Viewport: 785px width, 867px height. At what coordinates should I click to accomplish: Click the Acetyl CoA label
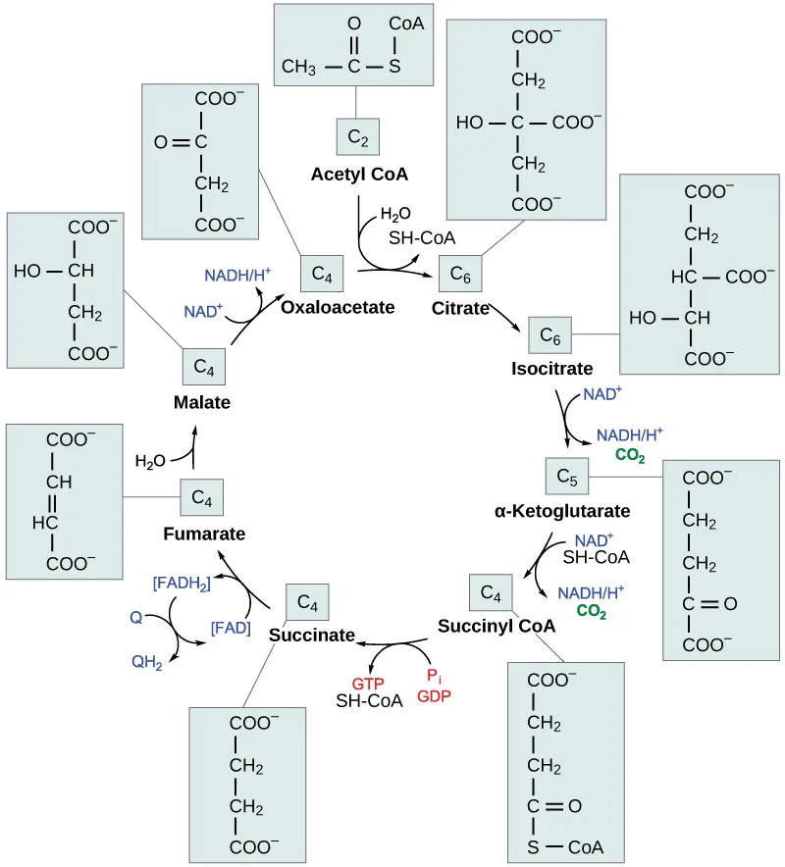click(x=359, y=175)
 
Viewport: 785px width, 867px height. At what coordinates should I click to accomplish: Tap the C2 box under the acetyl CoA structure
click(x=358, y=139)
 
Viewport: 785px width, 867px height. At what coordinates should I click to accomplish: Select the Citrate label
click(x=460, y=308)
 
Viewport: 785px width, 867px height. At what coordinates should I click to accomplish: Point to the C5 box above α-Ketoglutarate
click(x=566, y=476)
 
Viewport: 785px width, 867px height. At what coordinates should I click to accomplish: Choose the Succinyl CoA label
click(x=497, y=626)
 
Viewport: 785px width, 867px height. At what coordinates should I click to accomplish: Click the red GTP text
click(x=368, y=683)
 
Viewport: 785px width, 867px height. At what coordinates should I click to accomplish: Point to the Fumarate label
click(x=204, y=534)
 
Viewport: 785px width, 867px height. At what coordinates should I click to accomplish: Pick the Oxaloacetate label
click(x=338, y=307)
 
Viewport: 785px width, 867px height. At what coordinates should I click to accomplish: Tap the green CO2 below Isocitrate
click(x=629, y=455)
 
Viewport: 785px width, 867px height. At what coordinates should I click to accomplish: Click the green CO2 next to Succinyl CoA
click(x=591, y=610)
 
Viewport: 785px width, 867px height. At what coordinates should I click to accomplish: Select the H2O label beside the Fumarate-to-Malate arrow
click(x=150, y=460)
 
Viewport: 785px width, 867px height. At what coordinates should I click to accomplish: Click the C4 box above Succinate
click(x=307, y=601)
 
